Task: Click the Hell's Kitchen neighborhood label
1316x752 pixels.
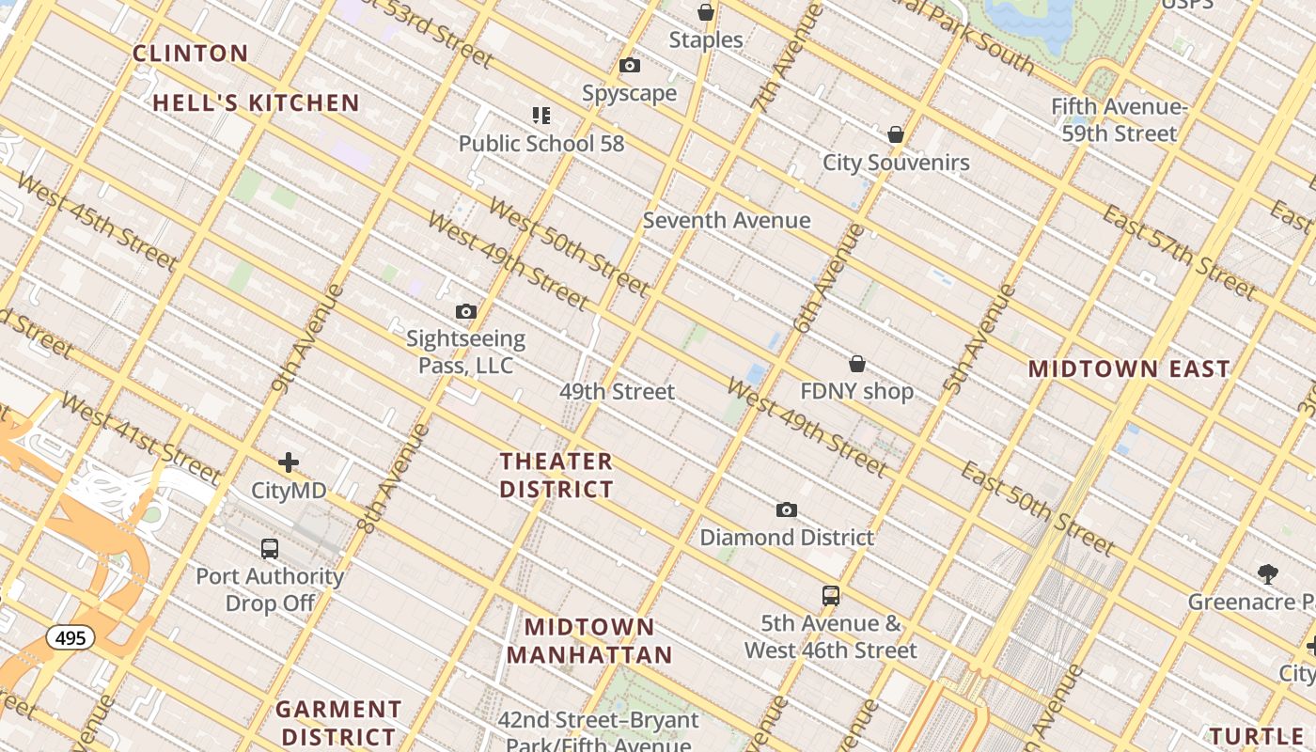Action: click(256, 103)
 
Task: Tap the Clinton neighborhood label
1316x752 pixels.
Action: click(191, 54)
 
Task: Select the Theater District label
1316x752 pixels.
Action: click(556, 476)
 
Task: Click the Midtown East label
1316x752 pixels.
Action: click(1129, 369)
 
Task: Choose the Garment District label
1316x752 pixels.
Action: click(338, 722)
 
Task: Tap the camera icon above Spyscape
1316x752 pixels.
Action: click(630, 66)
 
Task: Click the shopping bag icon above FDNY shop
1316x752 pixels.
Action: click(857, 364)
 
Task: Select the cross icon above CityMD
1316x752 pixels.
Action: click(289, 462)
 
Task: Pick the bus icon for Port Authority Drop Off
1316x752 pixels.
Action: click(270, 548)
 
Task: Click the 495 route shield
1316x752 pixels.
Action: click(70, 638)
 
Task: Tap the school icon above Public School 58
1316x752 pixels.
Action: click(540, 116)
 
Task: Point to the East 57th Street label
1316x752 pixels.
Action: click(1179, 251)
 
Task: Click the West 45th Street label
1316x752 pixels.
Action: click(97, 221)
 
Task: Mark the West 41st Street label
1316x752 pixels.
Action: click(140, 437)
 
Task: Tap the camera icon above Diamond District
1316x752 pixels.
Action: click(787, 510)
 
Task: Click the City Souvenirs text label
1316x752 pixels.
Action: click(896, 163)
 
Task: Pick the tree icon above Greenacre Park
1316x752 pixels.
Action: click(1267, 573)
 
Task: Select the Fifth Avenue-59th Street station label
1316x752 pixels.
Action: click(1119, 120)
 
